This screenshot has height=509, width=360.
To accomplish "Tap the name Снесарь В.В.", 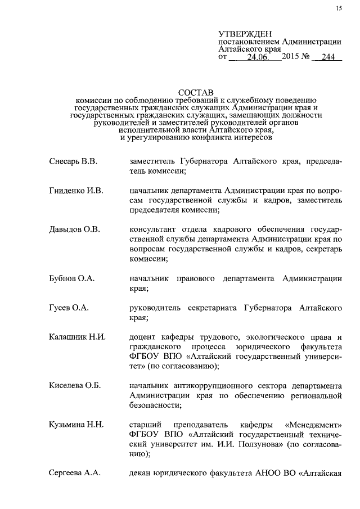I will click(x=73, y=162).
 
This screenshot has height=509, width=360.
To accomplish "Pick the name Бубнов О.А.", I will click(x=71, y=278).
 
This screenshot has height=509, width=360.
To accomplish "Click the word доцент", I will click(x=143, y=337).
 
